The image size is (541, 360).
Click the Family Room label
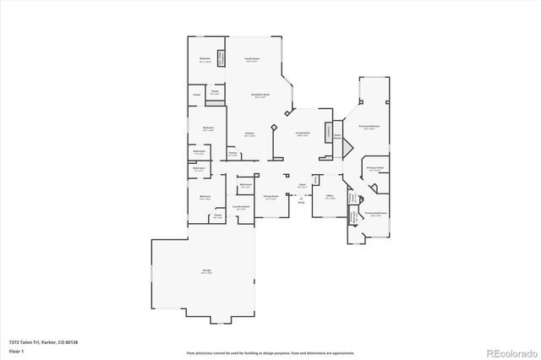[251, 59]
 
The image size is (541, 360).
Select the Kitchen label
[250, 134]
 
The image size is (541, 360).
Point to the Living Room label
[303, 133]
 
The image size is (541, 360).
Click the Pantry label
[232, 153]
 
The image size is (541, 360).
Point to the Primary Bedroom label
[369, 126]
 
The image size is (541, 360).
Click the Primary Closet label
[374, 169]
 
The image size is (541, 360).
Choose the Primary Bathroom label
[375, 213]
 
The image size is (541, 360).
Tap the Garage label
[206, 270]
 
